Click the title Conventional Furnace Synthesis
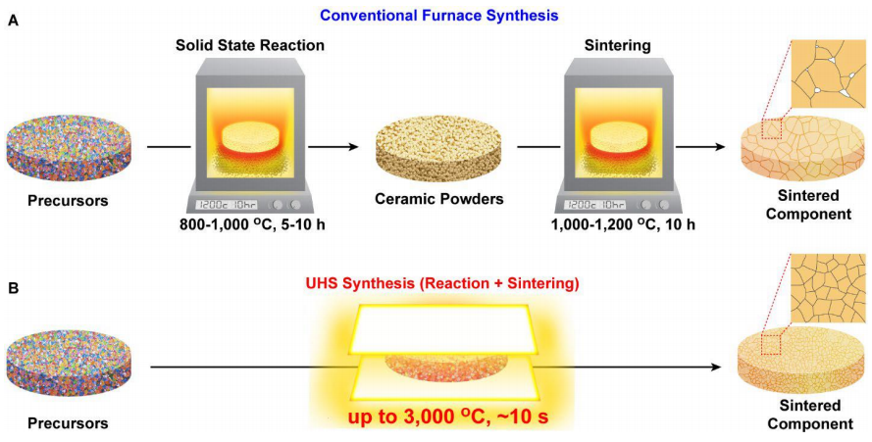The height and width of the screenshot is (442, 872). (x=439, y=15)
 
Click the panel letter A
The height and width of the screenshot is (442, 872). (x=13, y=22)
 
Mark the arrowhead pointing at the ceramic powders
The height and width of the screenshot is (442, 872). (x=350, y=147)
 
